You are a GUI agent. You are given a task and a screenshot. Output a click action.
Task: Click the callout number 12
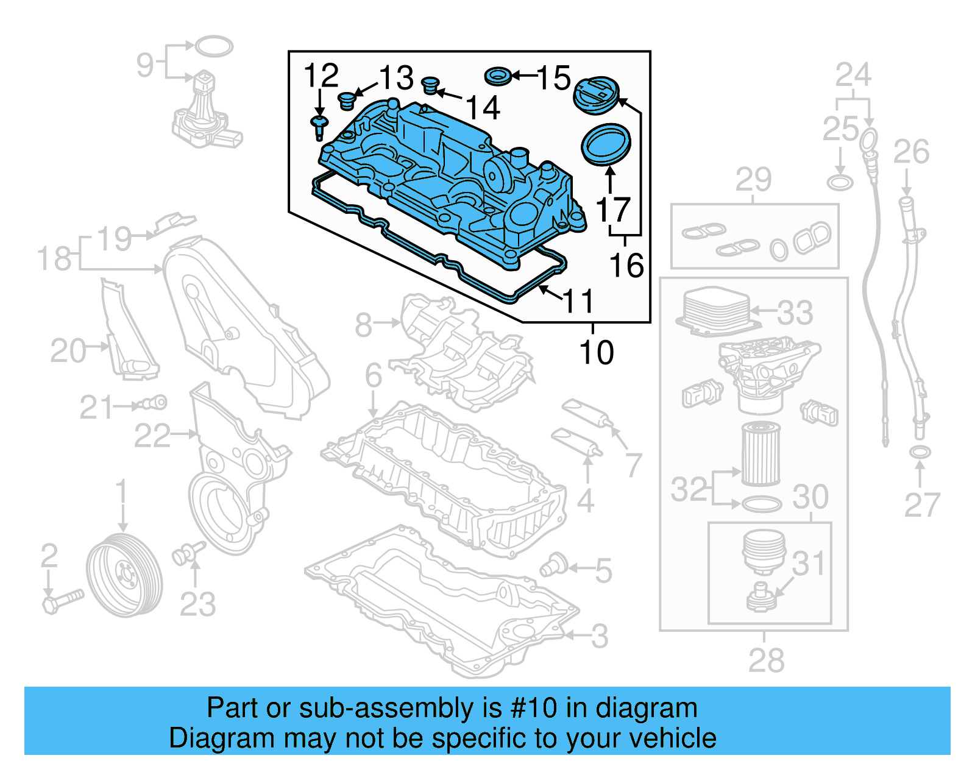[x=321, y=76]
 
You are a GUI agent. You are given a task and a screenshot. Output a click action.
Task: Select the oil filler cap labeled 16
[x=596, y=95]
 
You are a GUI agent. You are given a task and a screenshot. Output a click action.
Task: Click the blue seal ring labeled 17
[x=606, y=144]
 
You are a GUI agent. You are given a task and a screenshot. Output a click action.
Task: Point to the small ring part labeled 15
[x=498, y=77]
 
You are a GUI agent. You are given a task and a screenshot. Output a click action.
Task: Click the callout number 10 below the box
[x=596, y=353]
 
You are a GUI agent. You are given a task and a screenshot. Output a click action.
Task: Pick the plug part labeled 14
[x=431, y=86]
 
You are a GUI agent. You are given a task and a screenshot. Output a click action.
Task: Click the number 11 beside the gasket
[x=578, y=301]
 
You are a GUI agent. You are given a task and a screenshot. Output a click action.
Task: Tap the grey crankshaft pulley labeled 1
[x=124, y=575]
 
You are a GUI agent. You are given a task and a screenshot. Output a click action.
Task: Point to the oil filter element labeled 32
[x=760, y=455]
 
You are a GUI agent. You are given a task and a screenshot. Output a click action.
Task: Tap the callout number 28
[x=766, y=660]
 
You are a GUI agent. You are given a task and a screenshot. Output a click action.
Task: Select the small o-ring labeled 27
[x=920, y=453]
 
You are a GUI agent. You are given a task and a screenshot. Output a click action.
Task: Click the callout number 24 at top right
[x=853, y=75]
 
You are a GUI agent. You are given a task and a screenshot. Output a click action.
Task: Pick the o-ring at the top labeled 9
[x=213, y=46]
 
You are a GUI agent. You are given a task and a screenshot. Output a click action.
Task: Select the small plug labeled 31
[x=761, y=597]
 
